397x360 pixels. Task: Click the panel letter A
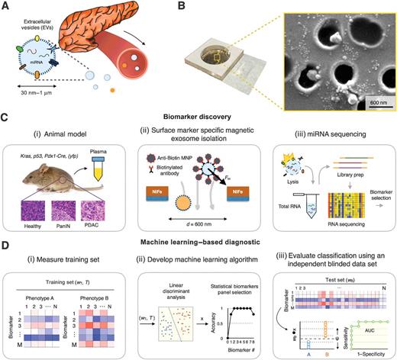point(5,5)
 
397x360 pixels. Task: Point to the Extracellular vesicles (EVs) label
point(40,18)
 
